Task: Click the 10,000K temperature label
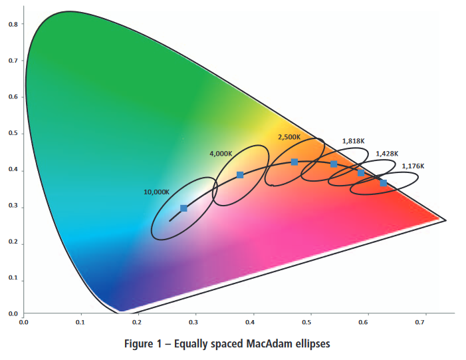click(x=157, y=192)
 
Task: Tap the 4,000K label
click(x=221, y=154)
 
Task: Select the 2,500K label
click(x=289, y=137)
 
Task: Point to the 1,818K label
click(x=353, y=141)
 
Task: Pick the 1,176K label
click(x=413, y=166)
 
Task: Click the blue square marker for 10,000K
click(x=184, y=208)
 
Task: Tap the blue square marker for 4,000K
click(x=240, y=175)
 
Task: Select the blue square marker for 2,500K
click(x=294, y=162)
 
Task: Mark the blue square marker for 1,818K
click(x=334, y=164)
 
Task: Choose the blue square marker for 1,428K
click(x=361, y=173)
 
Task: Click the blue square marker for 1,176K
click(x=384, y=182)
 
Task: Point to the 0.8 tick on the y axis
click(x=13, y=24)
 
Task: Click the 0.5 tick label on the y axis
click(x=13, y=134)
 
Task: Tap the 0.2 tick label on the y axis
click(x=13, y=244)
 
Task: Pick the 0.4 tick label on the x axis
click(x=251, y=322)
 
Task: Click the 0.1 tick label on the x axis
click(x=80, y=322)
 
